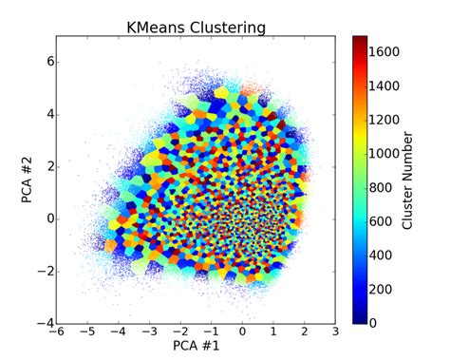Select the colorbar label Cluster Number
[407, 180]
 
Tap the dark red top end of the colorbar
[360, 40]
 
